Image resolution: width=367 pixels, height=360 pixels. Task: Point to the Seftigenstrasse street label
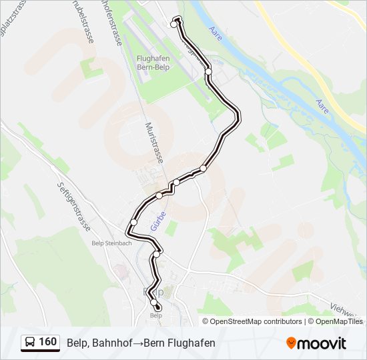tap(73, 206)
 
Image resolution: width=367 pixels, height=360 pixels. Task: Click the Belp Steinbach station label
tap(111, 243)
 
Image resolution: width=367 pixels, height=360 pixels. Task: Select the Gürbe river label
tap(155, 218)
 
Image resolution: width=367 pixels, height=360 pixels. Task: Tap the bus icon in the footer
tap(30, 343)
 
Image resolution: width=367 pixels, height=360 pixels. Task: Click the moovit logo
tap(316, 343)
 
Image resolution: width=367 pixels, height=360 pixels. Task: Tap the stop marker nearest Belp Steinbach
tap(134, 222)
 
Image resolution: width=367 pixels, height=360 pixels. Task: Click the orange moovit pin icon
tap(291, 343)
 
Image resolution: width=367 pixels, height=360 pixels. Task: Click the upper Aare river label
tap(215, 32)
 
